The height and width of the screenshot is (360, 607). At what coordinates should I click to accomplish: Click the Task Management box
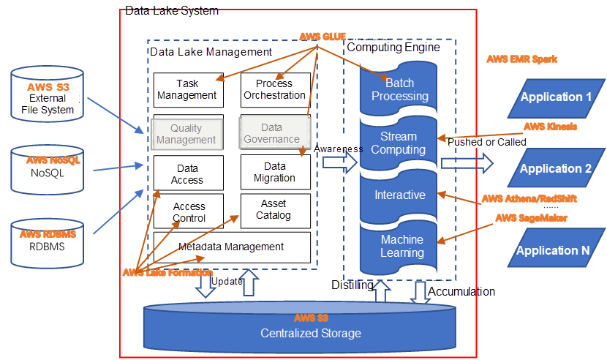point(186,90)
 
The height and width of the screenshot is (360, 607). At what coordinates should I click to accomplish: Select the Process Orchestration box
point(274,90)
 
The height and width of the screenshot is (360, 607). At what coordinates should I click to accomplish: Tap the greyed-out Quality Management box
point(186,134)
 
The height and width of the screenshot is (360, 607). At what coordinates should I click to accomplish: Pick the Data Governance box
point(271,133)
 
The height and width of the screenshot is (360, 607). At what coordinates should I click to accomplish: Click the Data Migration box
point(274,173)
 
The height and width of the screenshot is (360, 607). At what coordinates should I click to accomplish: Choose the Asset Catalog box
point(274,210)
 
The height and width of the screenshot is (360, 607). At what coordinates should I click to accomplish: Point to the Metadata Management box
point(231,247)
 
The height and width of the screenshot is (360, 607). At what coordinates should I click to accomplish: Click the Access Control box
point(189,212)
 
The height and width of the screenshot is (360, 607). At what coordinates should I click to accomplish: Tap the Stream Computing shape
point(399,143)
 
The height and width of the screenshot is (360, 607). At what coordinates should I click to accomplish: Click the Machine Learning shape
point(401,247)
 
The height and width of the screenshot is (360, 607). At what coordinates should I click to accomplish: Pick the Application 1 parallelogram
point(556,97)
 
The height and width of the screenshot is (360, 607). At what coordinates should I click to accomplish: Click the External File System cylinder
point(53,99)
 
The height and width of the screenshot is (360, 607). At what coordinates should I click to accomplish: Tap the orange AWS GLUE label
point(323,37)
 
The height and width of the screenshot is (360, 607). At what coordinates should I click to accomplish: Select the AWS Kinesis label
point(550,126)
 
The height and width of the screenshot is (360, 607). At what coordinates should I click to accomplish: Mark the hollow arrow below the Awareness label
point(339,164)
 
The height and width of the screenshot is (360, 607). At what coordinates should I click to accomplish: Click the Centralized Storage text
point(311,334)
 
